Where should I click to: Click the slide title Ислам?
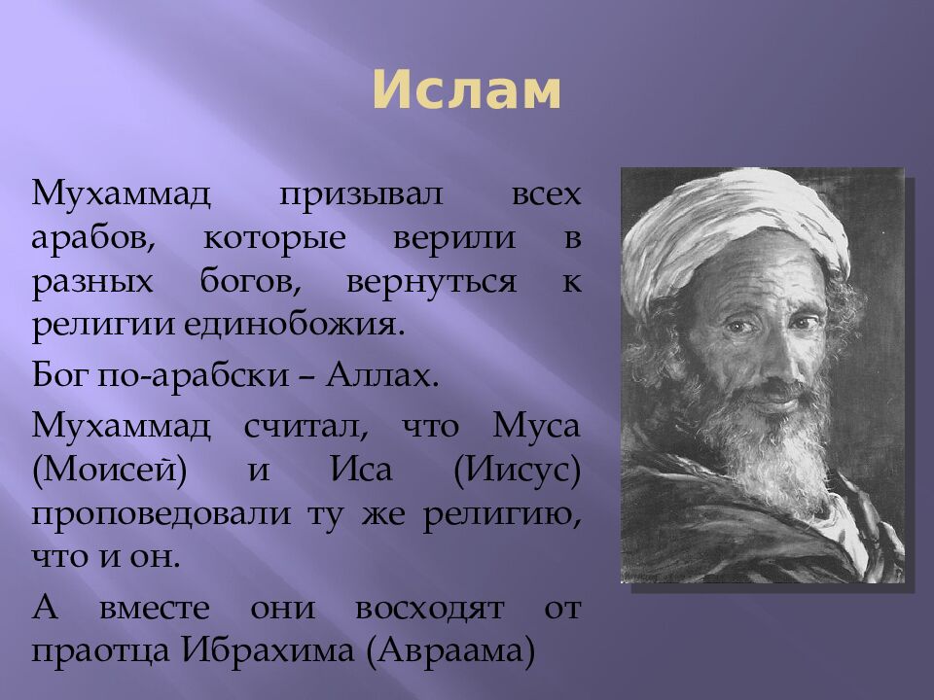click(x=466, y=92)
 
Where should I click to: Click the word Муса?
click(x=537, y=424)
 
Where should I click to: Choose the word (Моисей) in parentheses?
click(x=109, y=471)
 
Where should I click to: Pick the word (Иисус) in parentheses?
click(x=517, y=471)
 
